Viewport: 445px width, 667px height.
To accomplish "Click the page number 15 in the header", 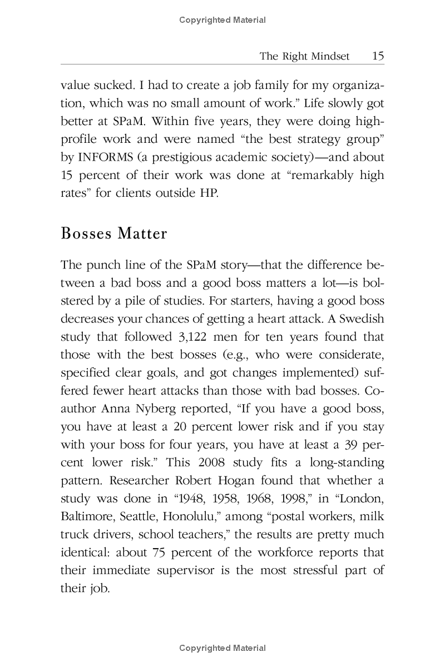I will point(378,56).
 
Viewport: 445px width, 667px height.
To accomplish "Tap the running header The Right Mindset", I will point(305,56).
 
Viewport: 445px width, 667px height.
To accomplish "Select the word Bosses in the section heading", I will point(86,233).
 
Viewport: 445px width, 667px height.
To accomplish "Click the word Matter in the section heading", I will point(142,233).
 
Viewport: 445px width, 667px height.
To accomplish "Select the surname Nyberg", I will point(154,391).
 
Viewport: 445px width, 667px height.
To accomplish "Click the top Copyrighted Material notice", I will point(222,20).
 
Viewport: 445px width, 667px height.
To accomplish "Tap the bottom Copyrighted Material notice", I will point(222,648).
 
